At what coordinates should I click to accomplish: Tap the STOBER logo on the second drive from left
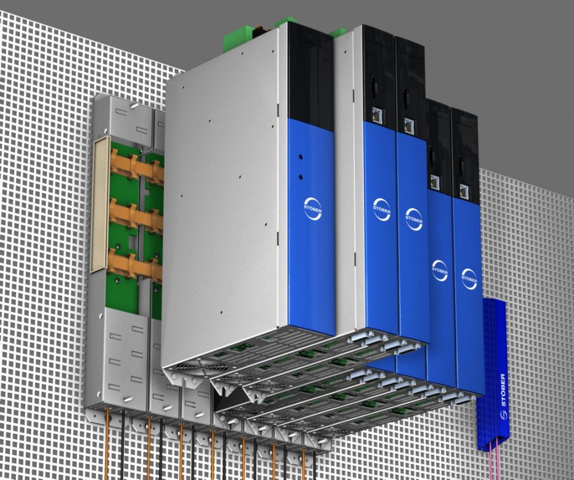382,210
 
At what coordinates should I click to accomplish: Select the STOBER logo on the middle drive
414,220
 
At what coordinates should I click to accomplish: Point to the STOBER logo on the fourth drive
439,271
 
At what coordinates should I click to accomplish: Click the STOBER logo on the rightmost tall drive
469,279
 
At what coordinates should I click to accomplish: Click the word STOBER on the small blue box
502,390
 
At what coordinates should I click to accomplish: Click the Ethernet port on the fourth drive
435,182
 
